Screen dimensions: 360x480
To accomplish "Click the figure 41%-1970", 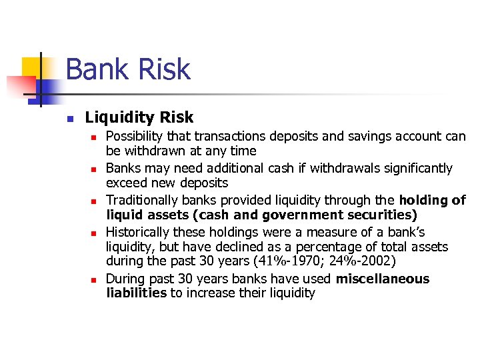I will (297, 261).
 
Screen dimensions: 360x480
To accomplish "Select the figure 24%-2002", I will (365, 261).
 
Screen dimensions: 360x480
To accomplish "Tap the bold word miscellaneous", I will (383, 279).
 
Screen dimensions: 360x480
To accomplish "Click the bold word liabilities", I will (136, 293).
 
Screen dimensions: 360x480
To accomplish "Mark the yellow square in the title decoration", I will (31, 67).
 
